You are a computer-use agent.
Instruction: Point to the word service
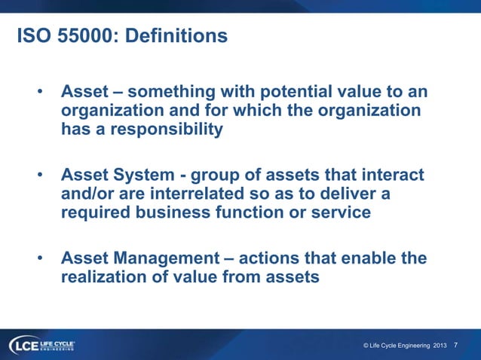click(339, 212)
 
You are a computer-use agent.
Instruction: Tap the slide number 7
click(455, 345)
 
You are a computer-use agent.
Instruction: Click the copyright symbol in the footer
click(366, 345)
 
